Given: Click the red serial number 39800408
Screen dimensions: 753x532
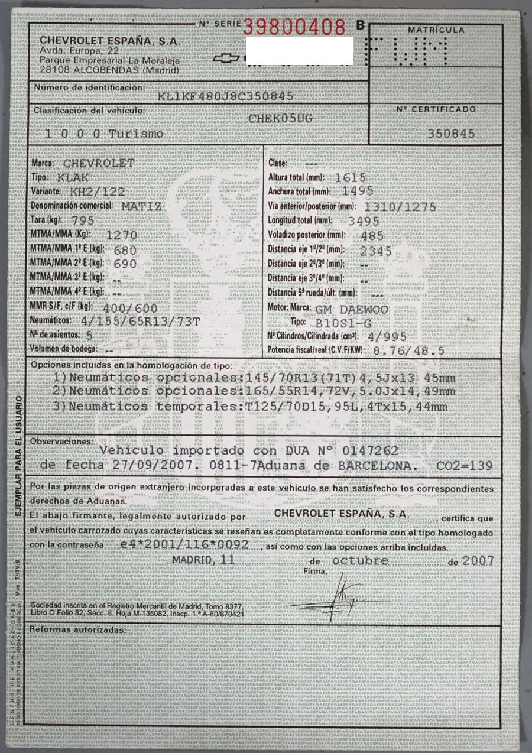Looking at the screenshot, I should (294, 26).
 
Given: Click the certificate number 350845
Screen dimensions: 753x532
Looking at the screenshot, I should (452, 134).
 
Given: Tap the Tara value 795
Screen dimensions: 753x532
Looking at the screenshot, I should (82, 220).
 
